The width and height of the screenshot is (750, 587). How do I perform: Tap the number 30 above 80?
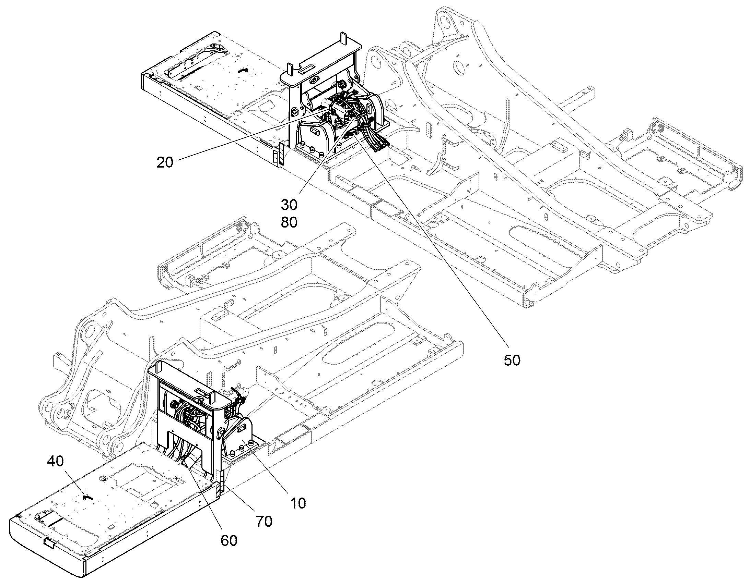[x=289, y=205]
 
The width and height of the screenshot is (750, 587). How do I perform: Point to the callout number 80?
[x=289, y=223]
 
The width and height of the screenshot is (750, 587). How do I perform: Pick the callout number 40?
[x=55, y=461]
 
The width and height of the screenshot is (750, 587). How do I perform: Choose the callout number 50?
[x=512, y=360]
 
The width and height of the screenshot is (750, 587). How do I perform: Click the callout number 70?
[x=264, y=521]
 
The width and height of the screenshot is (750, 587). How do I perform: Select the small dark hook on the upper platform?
[x=243, y=70]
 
